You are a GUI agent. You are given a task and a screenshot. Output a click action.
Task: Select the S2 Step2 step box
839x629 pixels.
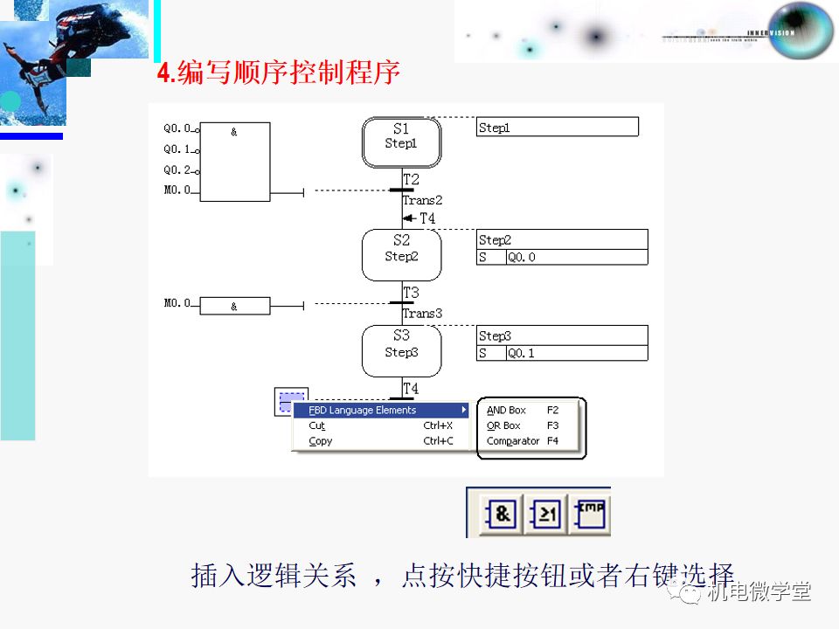point(401,254)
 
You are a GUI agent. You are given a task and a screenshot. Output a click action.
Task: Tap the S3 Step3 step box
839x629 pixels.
point(401,350)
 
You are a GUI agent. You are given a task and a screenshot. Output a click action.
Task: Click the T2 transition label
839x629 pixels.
point(411,179)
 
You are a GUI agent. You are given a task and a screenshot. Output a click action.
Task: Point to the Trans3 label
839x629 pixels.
point(422,313)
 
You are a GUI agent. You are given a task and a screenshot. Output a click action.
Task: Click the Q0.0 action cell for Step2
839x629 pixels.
point(576,257)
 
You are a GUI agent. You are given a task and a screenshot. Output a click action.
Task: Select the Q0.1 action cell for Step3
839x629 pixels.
point(576,353)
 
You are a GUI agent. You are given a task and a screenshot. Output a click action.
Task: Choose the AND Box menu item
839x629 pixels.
point(507,410)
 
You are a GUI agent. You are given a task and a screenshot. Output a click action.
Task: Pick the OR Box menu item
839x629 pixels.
point(503,425)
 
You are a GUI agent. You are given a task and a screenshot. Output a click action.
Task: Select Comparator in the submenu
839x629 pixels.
point(513,441)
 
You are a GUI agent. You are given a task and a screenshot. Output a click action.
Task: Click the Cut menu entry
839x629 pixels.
point(316,425)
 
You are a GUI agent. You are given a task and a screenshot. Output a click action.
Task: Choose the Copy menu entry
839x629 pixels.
point(320,441)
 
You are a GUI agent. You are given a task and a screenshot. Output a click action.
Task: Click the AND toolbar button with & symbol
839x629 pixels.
point(502,515)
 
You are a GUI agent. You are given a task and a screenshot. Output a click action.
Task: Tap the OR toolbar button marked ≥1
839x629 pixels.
point(547,515)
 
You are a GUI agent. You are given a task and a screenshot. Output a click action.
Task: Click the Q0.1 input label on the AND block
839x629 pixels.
point(177,149)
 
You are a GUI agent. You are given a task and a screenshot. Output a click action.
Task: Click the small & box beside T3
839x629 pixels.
point(234,306)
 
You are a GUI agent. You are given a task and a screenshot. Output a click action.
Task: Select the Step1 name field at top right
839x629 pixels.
point(558,128)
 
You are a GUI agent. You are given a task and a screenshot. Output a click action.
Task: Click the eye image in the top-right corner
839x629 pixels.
point(800,31)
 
